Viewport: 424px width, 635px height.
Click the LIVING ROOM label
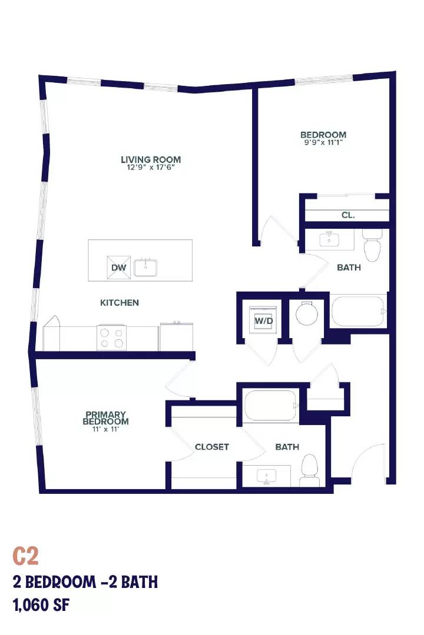tap(151, 159)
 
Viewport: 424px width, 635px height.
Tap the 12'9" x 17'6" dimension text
tap(151, 167)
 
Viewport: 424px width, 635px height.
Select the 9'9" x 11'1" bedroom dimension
tap(323, 142)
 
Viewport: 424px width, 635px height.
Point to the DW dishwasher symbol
tap(119, 268)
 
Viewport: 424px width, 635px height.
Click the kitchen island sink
tap(145, 268)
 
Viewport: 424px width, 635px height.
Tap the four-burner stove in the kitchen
tap(111, 337)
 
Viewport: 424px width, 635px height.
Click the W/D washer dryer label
tap(264, 321)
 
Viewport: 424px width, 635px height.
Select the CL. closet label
tap(348, 215)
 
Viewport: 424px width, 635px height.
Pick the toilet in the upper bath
tap(372, 246)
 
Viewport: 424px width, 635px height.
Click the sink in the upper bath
tap(329, 239)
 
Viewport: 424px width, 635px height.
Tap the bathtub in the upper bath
tap(359, 311)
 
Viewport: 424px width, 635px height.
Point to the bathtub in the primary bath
tap(271, 405)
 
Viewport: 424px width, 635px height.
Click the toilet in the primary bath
tap(309, 470)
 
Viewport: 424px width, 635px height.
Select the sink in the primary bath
tap(267, 476)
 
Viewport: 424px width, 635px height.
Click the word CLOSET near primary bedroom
tap(212, 447)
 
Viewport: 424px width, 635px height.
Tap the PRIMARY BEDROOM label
tap(105, 418)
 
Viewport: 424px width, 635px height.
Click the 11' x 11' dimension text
tap(105, 429)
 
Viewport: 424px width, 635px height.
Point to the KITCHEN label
tap(120, 303)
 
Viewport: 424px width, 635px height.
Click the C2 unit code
tap(25, 556)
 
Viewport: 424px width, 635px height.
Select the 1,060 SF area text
tap(41, 606)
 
